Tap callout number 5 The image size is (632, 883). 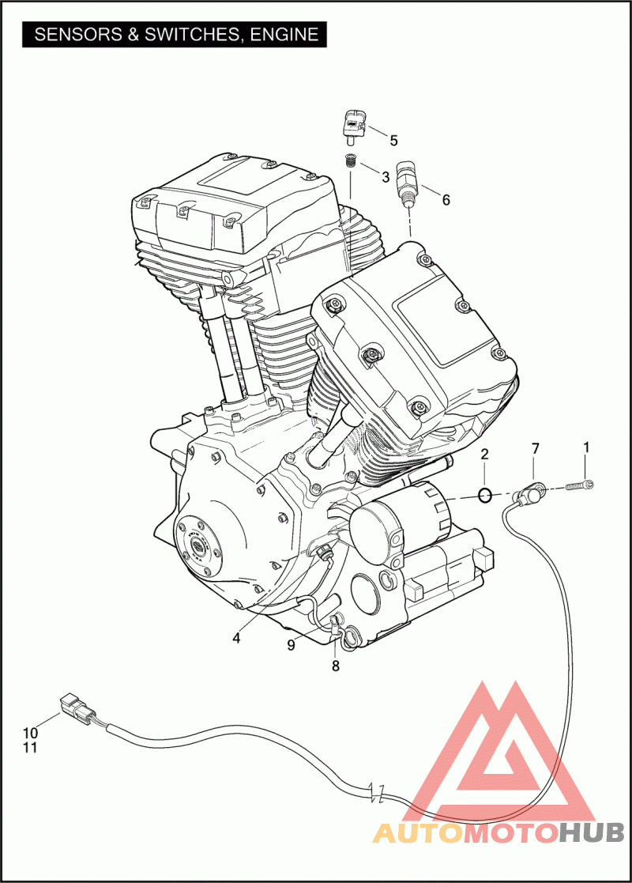pos(394,140)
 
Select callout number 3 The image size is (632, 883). pos(386,177)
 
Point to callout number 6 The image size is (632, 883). pos(446,200)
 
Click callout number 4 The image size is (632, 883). pos(236,638)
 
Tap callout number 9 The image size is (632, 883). pos(291,645)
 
